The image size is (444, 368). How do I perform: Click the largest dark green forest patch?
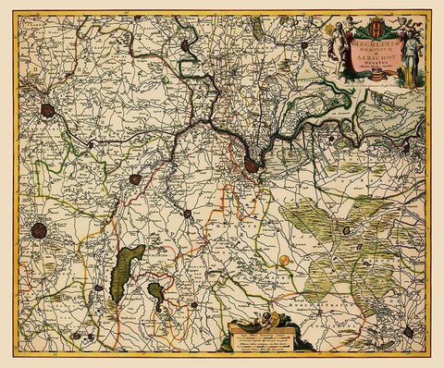coord(125,273)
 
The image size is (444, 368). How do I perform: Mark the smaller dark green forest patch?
coord(155,293)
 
